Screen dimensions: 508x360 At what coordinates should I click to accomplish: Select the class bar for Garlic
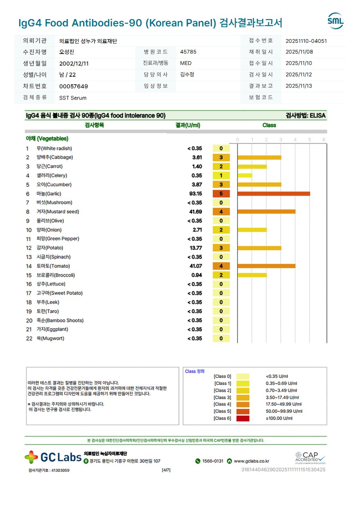click(x=274, y=194)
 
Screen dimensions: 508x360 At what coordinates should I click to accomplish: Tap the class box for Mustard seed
click(x=221, y=212)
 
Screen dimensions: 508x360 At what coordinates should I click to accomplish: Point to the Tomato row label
click(x=53, y=266)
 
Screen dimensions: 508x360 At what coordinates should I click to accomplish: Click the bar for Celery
click(x=245, y=175)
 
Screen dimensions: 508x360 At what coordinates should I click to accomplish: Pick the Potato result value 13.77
click(x=196, y=248)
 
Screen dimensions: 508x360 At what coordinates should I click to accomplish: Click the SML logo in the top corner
click(x=335, y=21)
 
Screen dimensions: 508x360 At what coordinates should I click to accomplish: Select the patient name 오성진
click(x=67, y=52)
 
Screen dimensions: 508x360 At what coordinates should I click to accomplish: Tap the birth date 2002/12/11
click(x=74, y=63)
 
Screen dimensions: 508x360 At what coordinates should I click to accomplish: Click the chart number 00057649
click(x=74, y=86)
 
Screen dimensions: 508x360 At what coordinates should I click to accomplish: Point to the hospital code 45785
click(x=188, y=52)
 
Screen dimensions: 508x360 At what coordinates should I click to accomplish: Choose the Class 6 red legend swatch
click(x=243, y=418)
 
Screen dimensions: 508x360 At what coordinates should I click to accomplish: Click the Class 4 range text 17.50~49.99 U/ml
click(x=284, y=404)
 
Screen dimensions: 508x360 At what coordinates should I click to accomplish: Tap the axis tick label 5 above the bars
click(x=310, y=140)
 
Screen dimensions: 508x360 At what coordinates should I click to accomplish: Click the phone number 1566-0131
click(x=212, y=461)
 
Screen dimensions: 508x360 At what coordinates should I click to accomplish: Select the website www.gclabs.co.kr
click(x=251, y=461)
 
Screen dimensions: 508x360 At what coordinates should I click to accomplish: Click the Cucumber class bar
click(x=259, y=185)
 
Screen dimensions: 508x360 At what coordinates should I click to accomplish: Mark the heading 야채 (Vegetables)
click(x=47, y=139)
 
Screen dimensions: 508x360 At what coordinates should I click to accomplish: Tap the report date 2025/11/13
click(x=299, y=86)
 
